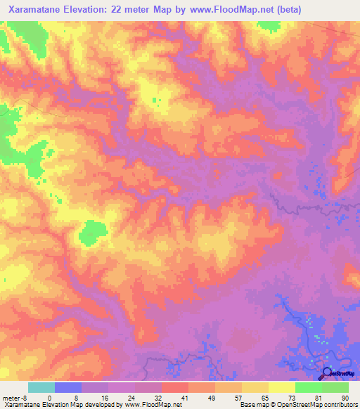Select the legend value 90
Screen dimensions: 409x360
pyautogui.click(x=344, y=397)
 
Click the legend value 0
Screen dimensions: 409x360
pyautogui.click(x=50, y=397)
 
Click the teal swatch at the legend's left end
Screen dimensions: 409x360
pyautogui.click(x=41, y=387)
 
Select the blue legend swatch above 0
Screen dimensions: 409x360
pyautogui.click(x=68, y=387)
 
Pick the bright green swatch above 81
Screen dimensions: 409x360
pyautogui.click(x=309, y=387)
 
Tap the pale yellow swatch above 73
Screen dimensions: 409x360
pyautogui.click(x=282, y=387)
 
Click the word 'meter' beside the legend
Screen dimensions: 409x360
pyautogui.click(x=10, y=397)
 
